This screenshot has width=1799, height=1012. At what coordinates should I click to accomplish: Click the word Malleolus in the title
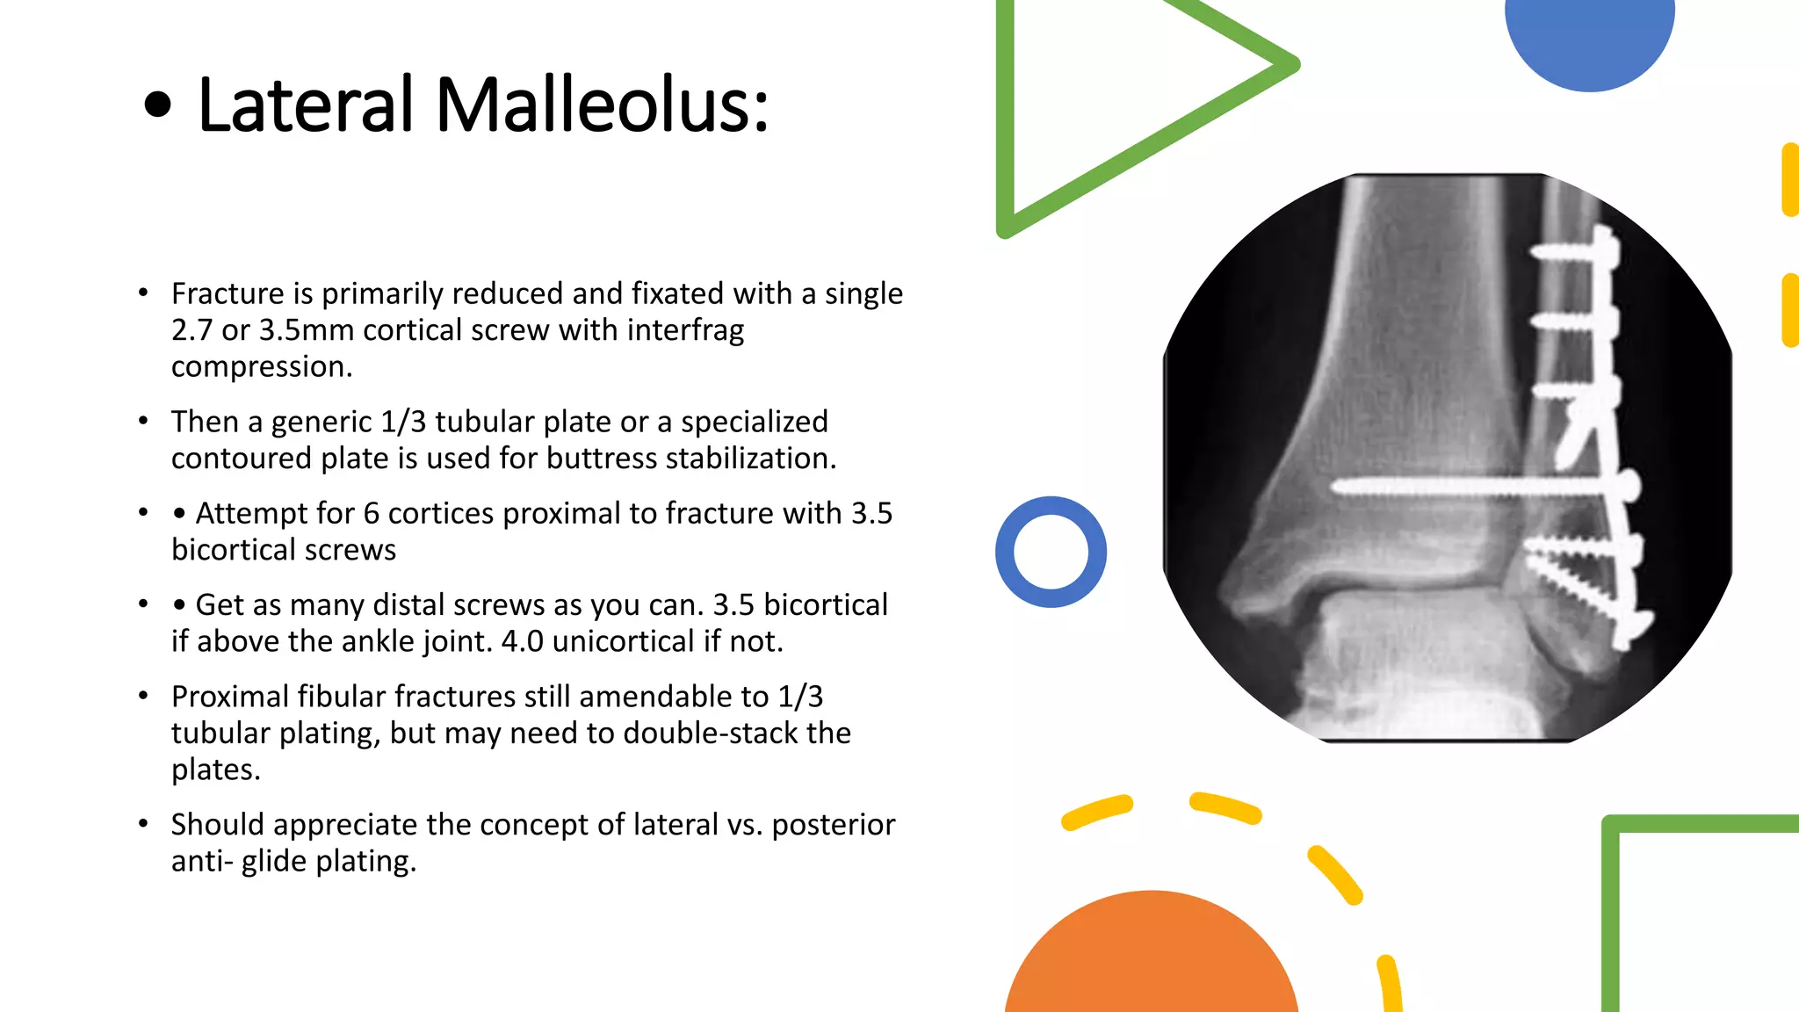601,105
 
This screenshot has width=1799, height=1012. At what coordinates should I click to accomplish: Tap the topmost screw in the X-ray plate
1572,252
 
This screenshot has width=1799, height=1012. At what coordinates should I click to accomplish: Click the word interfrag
685,330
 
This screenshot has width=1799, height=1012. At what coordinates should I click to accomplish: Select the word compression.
261,367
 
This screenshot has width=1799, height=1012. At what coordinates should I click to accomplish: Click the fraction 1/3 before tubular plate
403,423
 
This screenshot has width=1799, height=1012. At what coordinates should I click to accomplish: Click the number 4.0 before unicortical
522,642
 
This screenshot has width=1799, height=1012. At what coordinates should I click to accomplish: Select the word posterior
833,825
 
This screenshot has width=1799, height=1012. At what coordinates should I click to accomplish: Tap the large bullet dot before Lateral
157,106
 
